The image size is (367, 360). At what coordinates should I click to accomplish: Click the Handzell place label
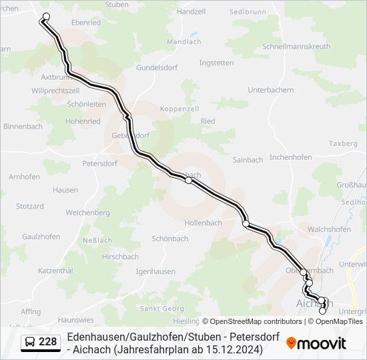[192, 12]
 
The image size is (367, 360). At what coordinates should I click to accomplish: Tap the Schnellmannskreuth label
[296, 47]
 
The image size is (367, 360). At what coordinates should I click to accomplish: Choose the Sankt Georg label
[161, 308]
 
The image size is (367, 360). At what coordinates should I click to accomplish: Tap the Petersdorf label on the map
[100, 163]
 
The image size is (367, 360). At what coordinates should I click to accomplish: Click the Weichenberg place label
[87, 212]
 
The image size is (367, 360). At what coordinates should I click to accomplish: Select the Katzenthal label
[55, 271]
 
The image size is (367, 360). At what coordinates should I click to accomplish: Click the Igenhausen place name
[155, 271]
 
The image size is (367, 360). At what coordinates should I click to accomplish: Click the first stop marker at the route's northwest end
[46, 17]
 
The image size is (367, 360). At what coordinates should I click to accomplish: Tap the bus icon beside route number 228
[30, 342]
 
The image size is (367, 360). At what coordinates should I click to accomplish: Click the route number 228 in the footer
[48, 342]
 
